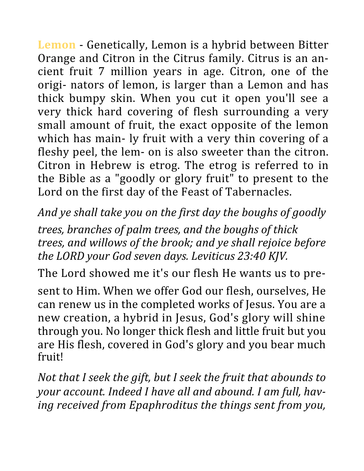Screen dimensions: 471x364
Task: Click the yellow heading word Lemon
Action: click(x=57, y=45)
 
